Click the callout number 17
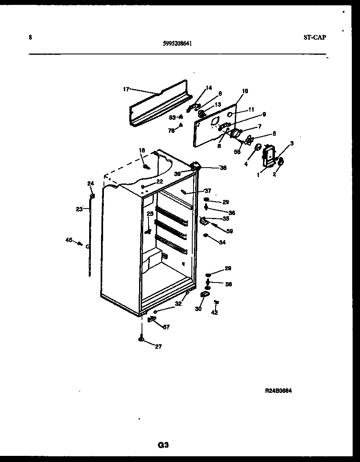point(126,89)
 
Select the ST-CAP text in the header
point(315,37)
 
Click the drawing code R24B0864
point(278,391)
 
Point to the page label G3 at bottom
point(163,445)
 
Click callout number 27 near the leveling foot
point(158,346)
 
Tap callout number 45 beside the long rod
point(69,240)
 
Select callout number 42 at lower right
point(214,313)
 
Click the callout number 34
point(222,242)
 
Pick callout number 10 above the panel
point(245,91)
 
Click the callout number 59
point(229,231)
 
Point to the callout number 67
point(166,327)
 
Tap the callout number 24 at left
point(90,184)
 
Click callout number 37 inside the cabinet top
point(208,191)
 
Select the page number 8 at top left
point(30,37)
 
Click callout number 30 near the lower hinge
point(198,309)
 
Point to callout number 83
point(172,117)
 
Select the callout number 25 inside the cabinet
point(150,213)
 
